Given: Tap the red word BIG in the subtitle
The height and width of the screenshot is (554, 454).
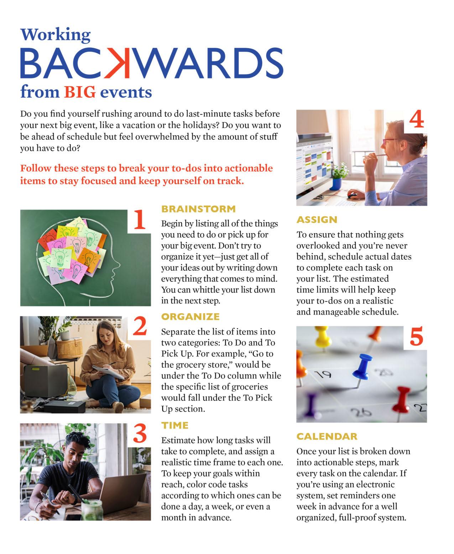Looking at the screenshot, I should click(80, 92).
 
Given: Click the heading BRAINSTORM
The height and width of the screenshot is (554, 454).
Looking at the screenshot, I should click(198, 209).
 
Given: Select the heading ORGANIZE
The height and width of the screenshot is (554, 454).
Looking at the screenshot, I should click(190, 317).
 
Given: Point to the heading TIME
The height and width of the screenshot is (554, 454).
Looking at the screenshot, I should click(175, 425).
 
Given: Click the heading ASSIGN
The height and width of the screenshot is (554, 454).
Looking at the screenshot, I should click(317, 220).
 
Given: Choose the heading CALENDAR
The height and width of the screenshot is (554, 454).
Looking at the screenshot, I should click(327, 436).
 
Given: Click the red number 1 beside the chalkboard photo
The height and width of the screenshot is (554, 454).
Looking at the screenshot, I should click(139, 220).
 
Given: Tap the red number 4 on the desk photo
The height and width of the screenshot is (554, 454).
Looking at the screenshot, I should click(416, 120).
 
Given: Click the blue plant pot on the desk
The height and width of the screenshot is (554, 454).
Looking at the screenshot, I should click(336, 184).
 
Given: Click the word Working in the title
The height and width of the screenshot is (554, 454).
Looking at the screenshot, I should click(56, 35).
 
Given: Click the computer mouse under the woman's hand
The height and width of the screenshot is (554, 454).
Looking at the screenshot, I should click(353, 195).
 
